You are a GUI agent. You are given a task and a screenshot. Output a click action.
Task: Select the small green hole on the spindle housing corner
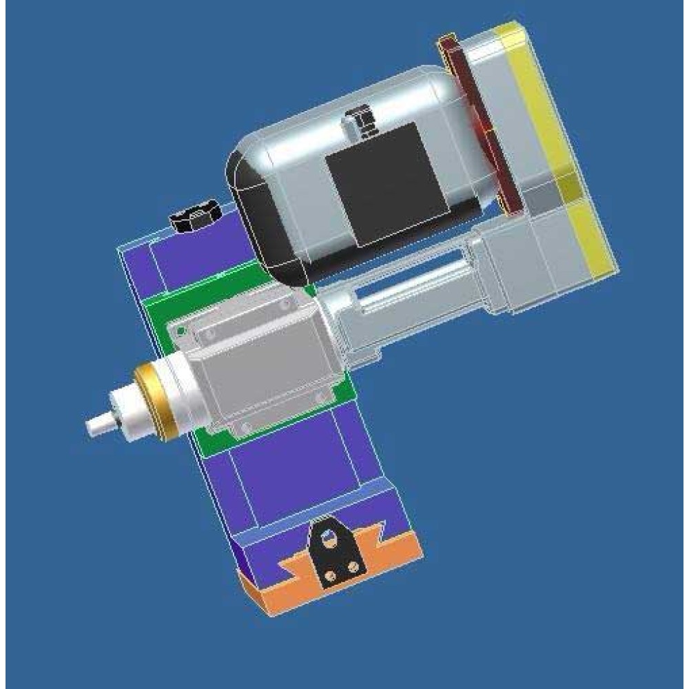pyautogui.click(x=181, y=331)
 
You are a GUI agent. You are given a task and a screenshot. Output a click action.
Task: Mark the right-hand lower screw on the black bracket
pyautogui.click(x=353, y=566)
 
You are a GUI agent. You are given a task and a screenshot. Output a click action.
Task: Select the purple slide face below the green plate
pyautogui.click(x=289, y=469)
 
